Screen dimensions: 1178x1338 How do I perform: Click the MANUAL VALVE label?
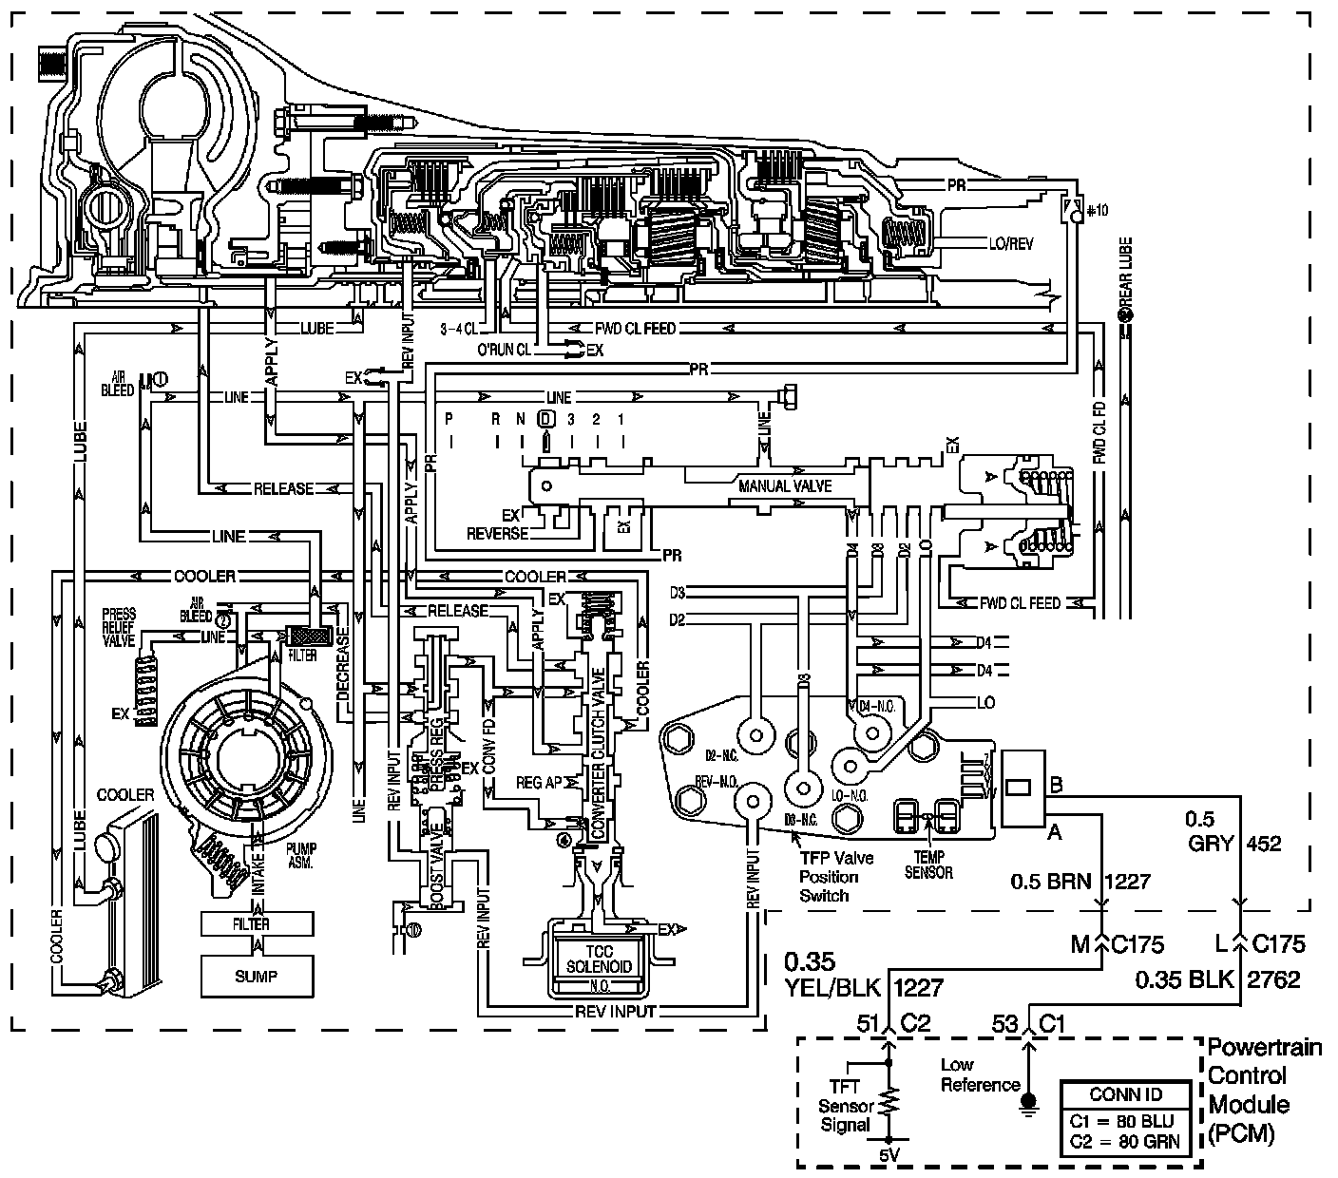click(785, 485)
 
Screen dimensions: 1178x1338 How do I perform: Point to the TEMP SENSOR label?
click(928, 865)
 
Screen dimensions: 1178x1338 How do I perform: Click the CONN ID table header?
click(1126, 1093)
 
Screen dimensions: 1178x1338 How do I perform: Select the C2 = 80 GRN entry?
click(1126, 1140)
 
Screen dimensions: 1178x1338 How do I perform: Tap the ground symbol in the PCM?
click(1027, 1102)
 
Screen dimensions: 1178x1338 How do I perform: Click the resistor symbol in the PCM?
click(889, 1102)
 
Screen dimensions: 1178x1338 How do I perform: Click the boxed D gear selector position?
click(546, 418)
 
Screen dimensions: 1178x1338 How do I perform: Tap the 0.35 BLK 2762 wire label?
click(1217, 979)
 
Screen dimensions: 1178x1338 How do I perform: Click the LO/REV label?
click(1010, 244)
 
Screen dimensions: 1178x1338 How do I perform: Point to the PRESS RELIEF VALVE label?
click(119, 627)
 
